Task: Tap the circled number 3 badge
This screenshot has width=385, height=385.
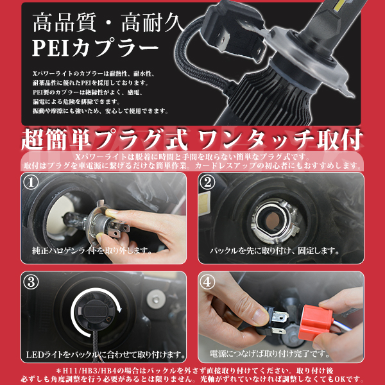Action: pyautogui.click(x=31, y=282)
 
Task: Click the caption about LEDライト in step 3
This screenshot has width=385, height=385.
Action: pyautogui.click(x=107, y=354)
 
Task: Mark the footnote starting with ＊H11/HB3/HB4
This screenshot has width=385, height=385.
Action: pyautogui.click(x=193, y=371)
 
